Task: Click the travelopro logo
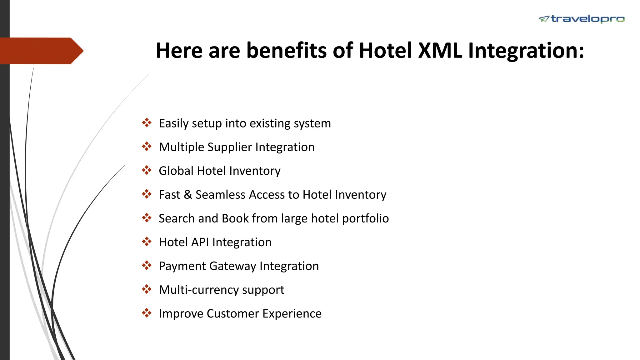coord(582,19)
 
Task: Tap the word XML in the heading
coord(440,50)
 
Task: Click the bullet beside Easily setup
coord(147,123)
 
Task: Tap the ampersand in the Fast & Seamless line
coord(188,195)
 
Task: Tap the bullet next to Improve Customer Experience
coord(147,313)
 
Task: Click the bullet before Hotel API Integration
coord(147,242)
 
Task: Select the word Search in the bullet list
coord(177,218)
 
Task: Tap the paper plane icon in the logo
coord(544,19)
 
